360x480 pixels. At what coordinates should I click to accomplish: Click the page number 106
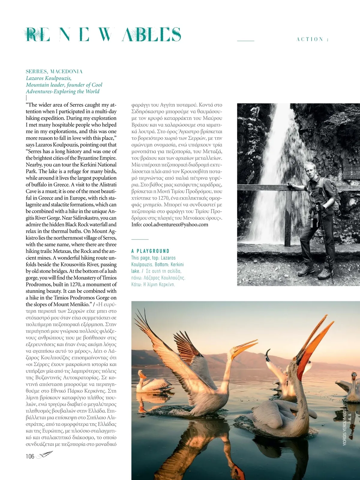coord(30,457)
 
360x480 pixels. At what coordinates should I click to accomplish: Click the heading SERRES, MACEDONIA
coord(54,71)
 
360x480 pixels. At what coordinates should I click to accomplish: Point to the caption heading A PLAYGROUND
coord(150,251)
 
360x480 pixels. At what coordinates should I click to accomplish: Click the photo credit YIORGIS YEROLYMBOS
coord(344,426)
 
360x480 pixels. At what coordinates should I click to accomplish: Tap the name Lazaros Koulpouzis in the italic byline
coord(49,78)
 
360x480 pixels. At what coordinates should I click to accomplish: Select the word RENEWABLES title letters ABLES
coord(151,34)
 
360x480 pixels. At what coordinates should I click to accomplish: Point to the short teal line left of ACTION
coord(245,40)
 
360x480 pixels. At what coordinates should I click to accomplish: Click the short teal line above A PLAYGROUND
coord(140,239)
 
